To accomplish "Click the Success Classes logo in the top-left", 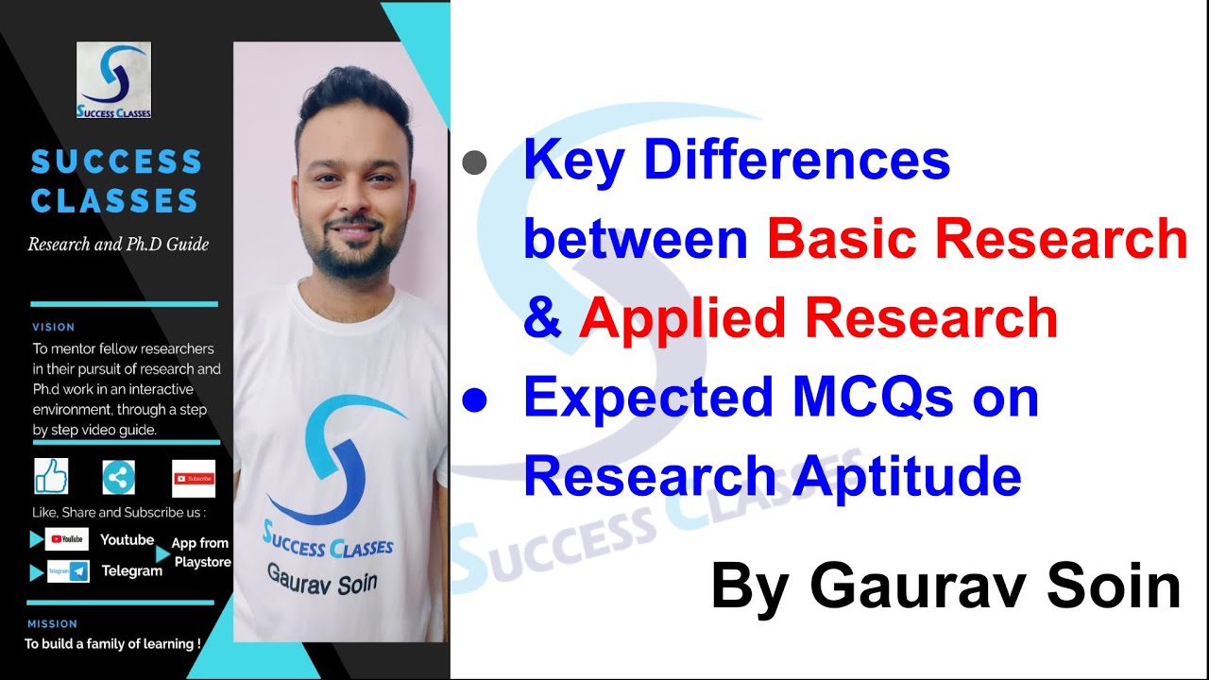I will [113, 79].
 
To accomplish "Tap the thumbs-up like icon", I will [51, 476].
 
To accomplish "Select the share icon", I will [119, 477].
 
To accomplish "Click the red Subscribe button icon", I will [194, 478].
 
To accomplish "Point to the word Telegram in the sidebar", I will [131, 570].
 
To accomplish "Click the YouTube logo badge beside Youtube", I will [67, 539].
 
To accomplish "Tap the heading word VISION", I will [53, 327].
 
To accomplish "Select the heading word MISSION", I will [53, 623].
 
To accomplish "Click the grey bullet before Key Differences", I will [474, 162].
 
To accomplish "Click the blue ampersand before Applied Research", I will [542, 318].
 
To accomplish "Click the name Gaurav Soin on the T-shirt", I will [322, 577].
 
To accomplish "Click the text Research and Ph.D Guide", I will [118, 245].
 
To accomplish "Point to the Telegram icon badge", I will [68, 570].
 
